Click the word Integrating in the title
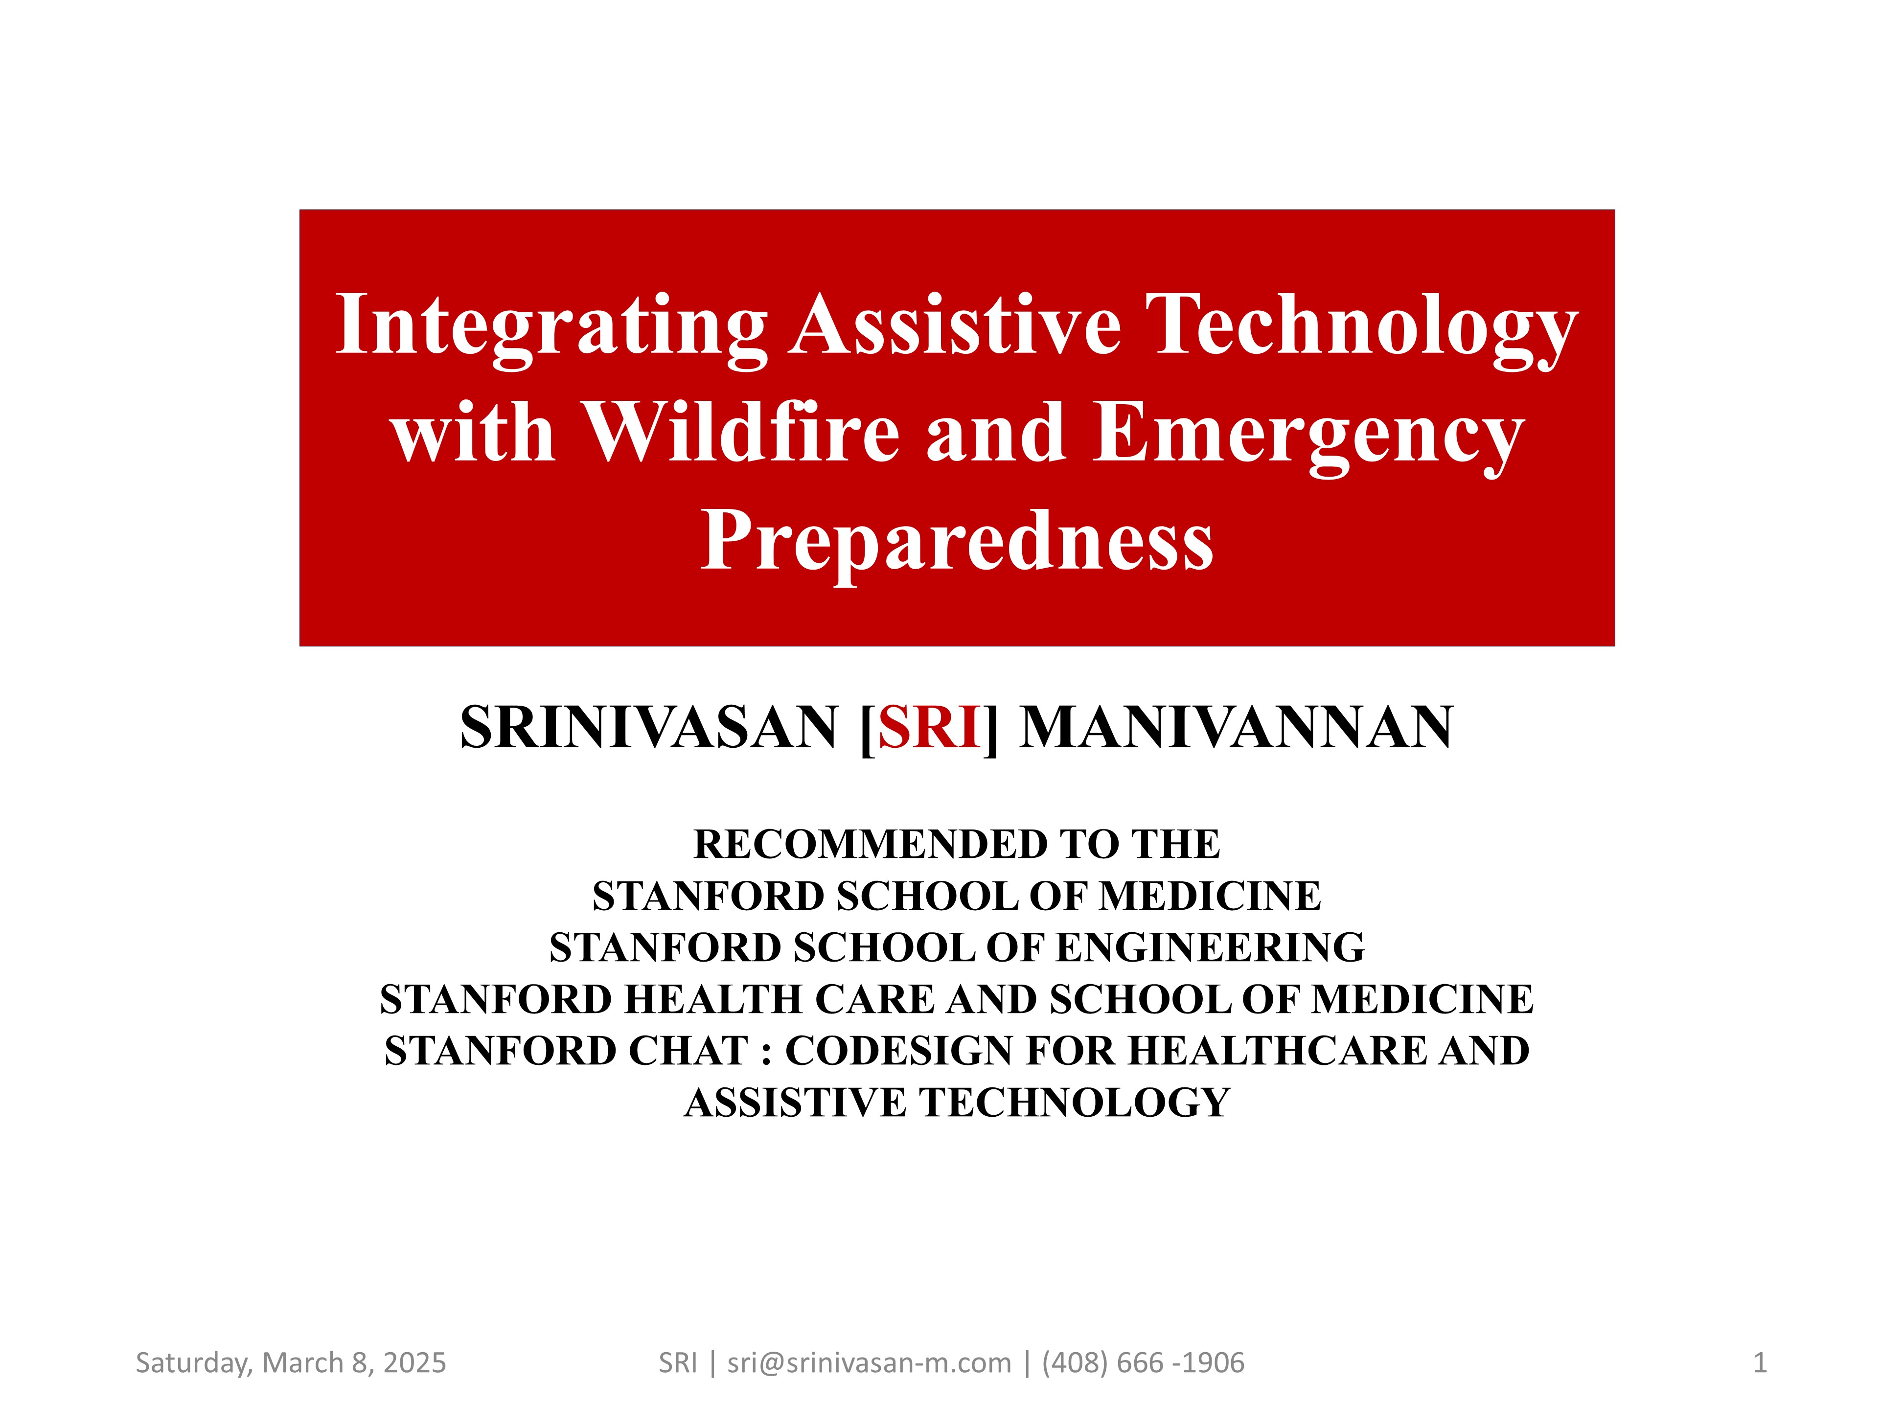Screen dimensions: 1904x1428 pyautogui.click(x=551, y=327)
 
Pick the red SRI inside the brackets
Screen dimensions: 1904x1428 pyautogui.click(x=930, y=727)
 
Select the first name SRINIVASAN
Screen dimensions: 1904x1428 pyautogui.click(x=649, y=727)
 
